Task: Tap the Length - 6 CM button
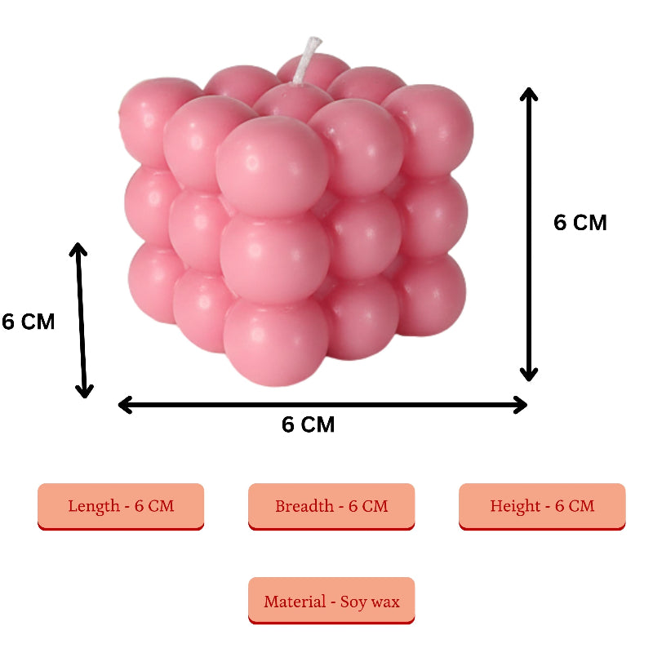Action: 121,506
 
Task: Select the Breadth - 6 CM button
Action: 331,506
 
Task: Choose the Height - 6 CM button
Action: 542,506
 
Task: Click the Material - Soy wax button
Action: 331,602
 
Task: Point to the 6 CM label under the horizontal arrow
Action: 308,425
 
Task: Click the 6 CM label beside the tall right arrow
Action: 580,223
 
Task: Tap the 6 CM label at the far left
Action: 29,322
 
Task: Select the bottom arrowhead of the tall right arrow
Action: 530,375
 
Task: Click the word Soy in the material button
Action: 353,602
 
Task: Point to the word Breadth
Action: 304,506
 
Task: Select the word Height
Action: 515,506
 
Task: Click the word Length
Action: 94,506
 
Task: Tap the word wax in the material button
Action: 385,602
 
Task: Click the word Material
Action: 294,602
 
